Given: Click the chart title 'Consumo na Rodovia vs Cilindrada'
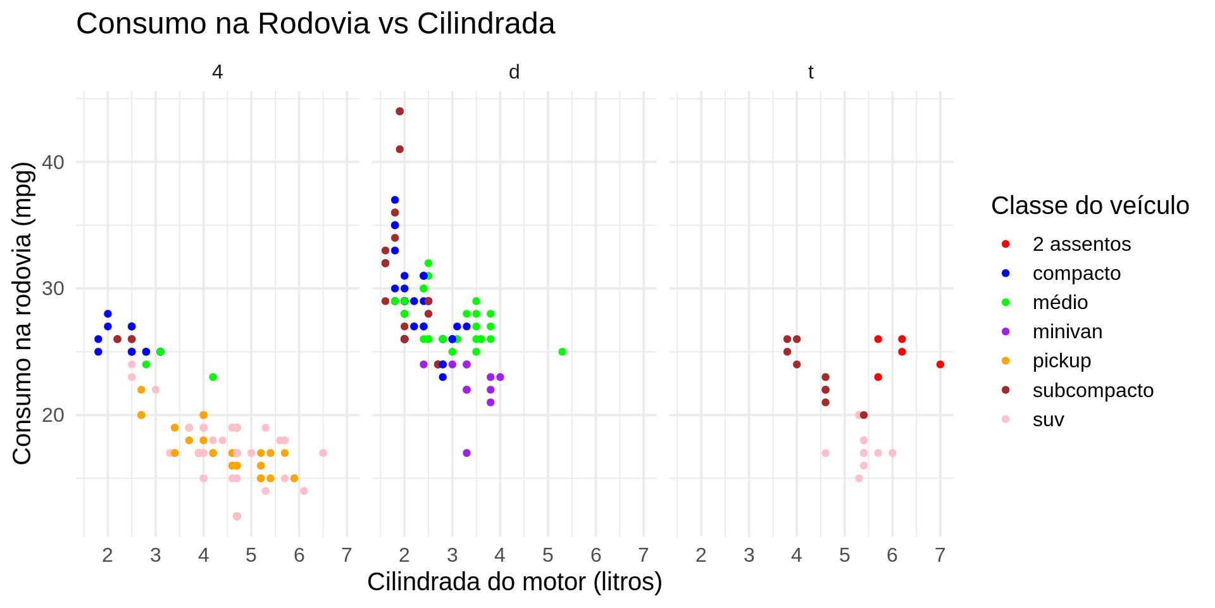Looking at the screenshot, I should pyautogui.click(x=315, y=24).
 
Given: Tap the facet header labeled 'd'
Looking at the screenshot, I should pyautogui.click(x=514, y=72).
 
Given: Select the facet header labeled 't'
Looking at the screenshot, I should pyautogui.click(x=811, y=72).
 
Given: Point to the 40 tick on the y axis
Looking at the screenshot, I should pyautogui.click(x=54, y=162).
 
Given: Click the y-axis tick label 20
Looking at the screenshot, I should pyautogui.click(x=54, y=415).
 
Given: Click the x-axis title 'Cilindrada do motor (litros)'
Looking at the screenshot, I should pyautogui.click(x=514, y=581).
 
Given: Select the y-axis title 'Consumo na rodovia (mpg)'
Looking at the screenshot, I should pyautogui.click(x=22, y=313).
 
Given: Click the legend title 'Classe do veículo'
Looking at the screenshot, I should pyautogui.click(x=1090, y=206).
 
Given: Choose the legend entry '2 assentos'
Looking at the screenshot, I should pyautogui.click(x=1081, y=244).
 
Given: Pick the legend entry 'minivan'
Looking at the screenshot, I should pyautogui.click(x=1067, y=331).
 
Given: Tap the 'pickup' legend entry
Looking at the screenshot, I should pyautogui.click(x=1061, y=360).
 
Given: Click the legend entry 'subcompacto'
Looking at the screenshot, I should pyautogui.click(x=1093, y=390).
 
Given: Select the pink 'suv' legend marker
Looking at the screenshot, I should pyautogui.click(x=1006, y=419).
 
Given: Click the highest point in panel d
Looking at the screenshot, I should pyautogui.click(x=399, y=111).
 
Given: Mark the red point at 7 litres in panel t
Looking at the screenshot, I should pyautogui.click(x=940, y=364).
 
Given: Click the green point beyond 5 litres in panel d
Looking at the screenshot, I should pyautogui.click(x=562, y=351).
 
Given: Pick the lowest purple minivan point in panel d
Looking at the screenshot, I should pyautogui.click(x=466, y=453).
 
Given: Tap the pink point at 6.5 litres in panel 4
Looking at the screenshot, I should pyautogui.click(x=323, y=453).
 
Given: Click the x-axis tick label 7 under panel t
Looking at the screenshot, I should pyautogui.click(x=940, y=555).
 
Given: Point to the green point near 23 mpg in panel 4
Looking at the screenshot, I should pyautogui.click(x=213, y=377).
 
